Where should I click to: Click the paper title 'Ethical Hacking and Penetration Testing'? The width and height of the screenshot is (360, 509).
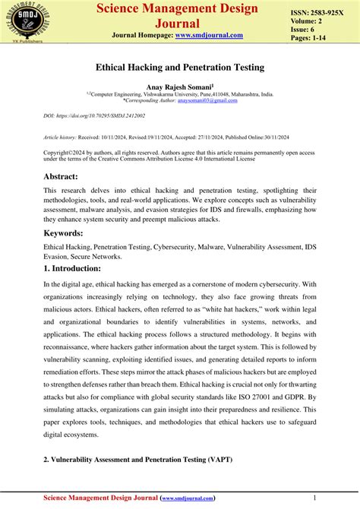179,68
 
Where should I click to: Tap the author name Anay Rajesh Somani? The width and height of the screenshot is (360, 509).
178,87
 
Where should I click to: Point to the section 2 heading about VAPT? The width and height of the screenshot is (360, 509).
137,460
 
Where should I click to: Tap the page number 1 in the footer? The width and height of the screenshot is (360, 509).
334,498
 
